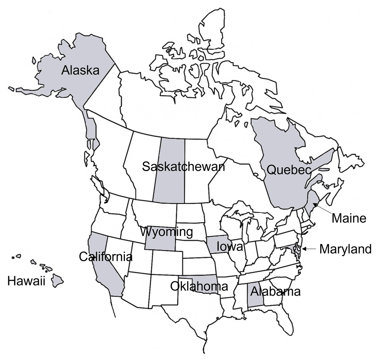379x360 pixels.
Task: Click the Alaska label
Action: pos(80,70)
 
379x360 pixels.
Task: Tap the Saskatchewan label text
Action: pos(183,166)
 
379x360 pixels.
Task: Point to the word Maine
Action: pos(349,218)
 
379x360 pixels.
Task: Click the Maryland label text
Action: pos(346,249)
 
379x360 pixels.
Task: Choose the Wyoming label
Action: pos(166,232)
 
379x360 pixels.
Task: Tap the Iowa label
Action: pos(230,247)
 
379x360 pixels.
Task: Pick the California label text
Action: pos(105,257)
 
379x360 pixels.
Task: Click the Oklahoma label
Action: pos(199,286)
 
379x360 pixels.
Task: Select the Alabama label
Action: pos(275,291)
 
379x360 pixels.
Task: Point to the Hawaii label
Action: pos(27,281)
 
